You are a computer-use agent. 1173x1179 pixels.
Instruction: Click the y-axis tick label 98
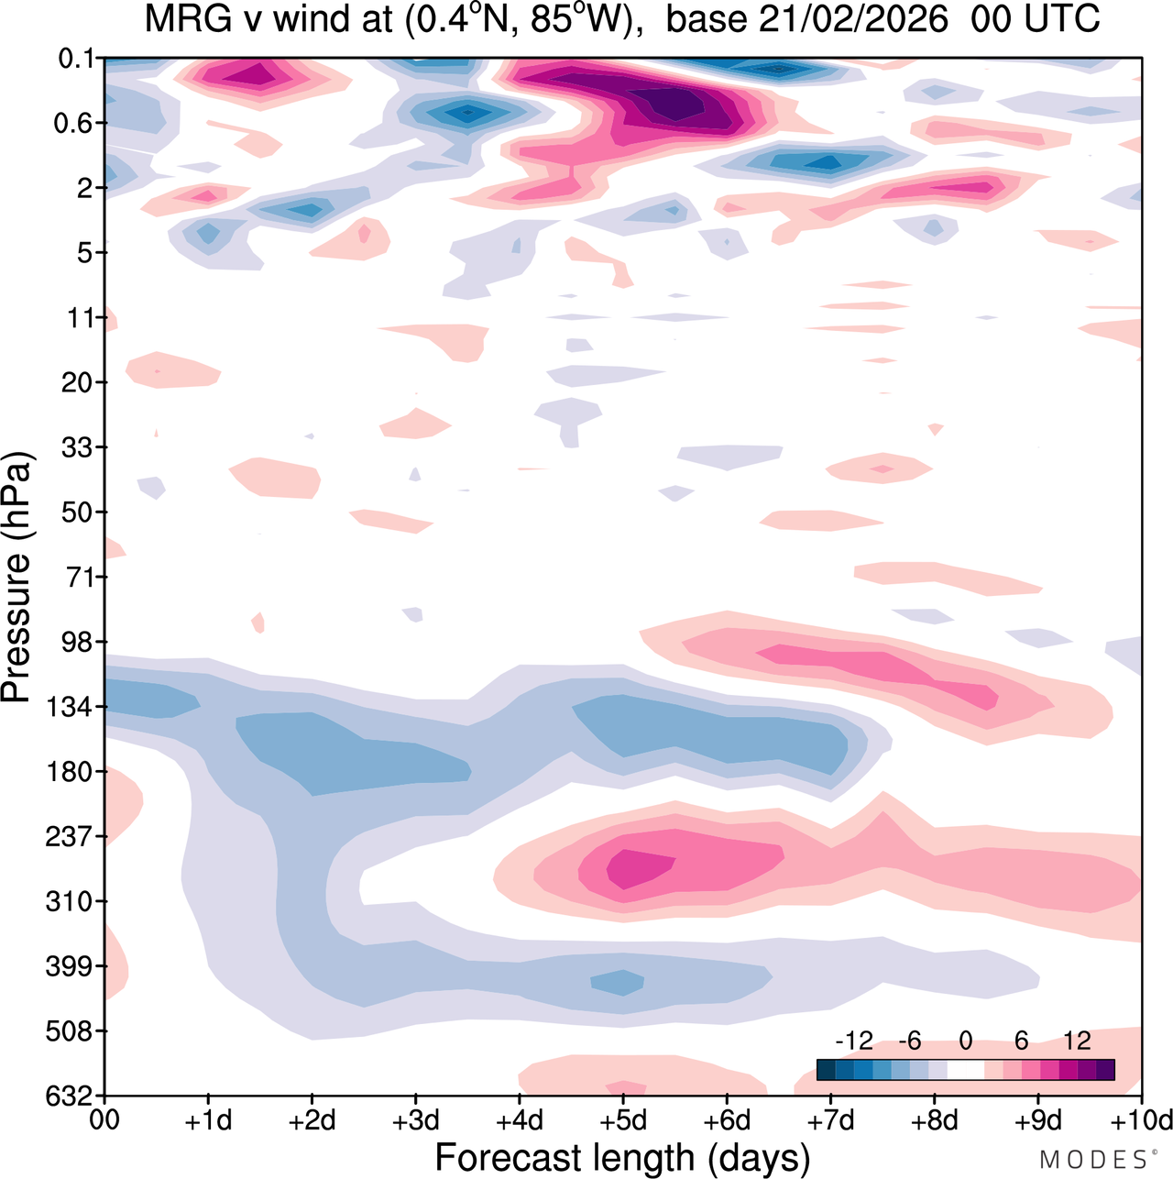click(x=78, y=642)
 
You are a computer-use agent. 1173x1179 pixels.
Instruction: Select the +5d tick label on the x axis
click(x=623, y=1121)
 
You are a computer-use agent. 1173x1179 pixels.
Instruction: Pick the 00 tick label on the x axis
click(x=104, y=1121)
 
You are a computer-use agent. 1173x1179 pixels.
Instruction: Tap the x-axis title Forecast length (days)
click(x=622, y=1158)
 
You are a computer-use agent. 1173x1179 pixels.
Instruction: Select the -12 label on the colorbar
click(x=854, y=1041)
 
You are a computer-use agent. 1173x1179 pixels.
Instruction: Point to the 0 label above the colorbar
click(x=966, y=1041)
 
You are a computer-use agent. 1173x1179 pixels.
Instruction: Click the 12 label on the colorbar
click(x=1078, y=1041)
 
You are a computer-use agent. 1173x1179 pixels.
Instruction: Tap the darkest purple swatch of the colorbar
click(x=1105, y=1070)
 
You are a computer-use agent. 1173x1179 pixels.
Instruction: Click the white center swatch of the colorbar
click(x=966, y=1070)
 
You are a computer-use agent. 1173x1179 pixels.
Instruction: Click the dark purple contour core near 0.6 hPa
click(x=676, y=103)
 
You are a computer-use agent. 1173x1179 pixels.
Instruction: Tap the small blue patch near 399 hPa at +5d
click(x=619, y=983)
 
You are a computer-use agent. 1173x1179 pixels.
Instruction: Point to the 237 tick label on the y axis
click(x=72, y=836)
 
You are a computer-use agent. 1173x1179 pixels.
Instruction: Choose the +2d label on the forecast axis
click(x=312, y=1121)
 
